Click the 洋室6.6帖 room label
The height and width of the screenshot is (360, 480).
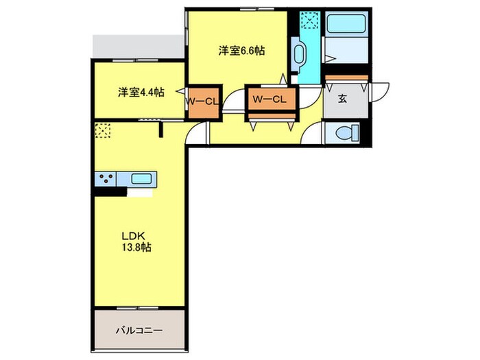[x=241, y=50]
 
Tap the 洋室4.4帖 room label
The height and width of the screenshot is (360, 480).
[x=141, y=92]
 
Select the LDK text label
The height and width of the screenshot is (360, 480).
[x=133, y=236]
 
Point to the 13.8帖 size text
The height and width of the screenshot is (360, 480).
[x=137, y=247]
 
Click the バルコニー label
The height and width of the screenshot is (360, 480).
[x=139, y=331]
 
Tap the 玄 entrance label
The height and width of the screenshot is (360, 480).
[x=343, y=99]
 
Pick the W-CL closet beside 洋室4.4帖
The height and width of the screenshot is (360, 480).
[x=203, y=102]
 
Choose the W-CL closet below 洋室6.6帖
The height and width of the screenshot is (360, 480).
[x=272, y=99]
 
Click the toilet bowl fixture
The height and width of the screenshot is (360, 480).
[x=347, y=133]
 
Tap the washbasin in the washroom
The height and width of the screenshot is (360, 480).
[x=299, y=54]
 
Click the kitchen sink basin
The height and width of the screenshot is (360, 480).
[x=141, y=178]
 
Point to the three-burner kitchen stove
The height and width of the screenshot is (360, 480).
[x=106, y=179]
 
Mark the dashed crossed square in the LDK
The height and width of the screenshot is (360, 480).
[x=103, y=130]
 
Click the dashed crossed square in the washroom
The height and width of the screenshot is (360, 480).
[x=310, y=20]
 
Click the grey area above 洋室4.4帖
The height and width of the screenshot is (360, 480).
[x=139, y=46]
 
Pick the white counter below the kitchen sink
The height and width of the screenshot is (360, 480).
[x=140, y=193]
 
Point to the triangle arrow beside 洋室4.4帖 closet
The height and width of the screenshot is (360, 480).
[x=180, y=91]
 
